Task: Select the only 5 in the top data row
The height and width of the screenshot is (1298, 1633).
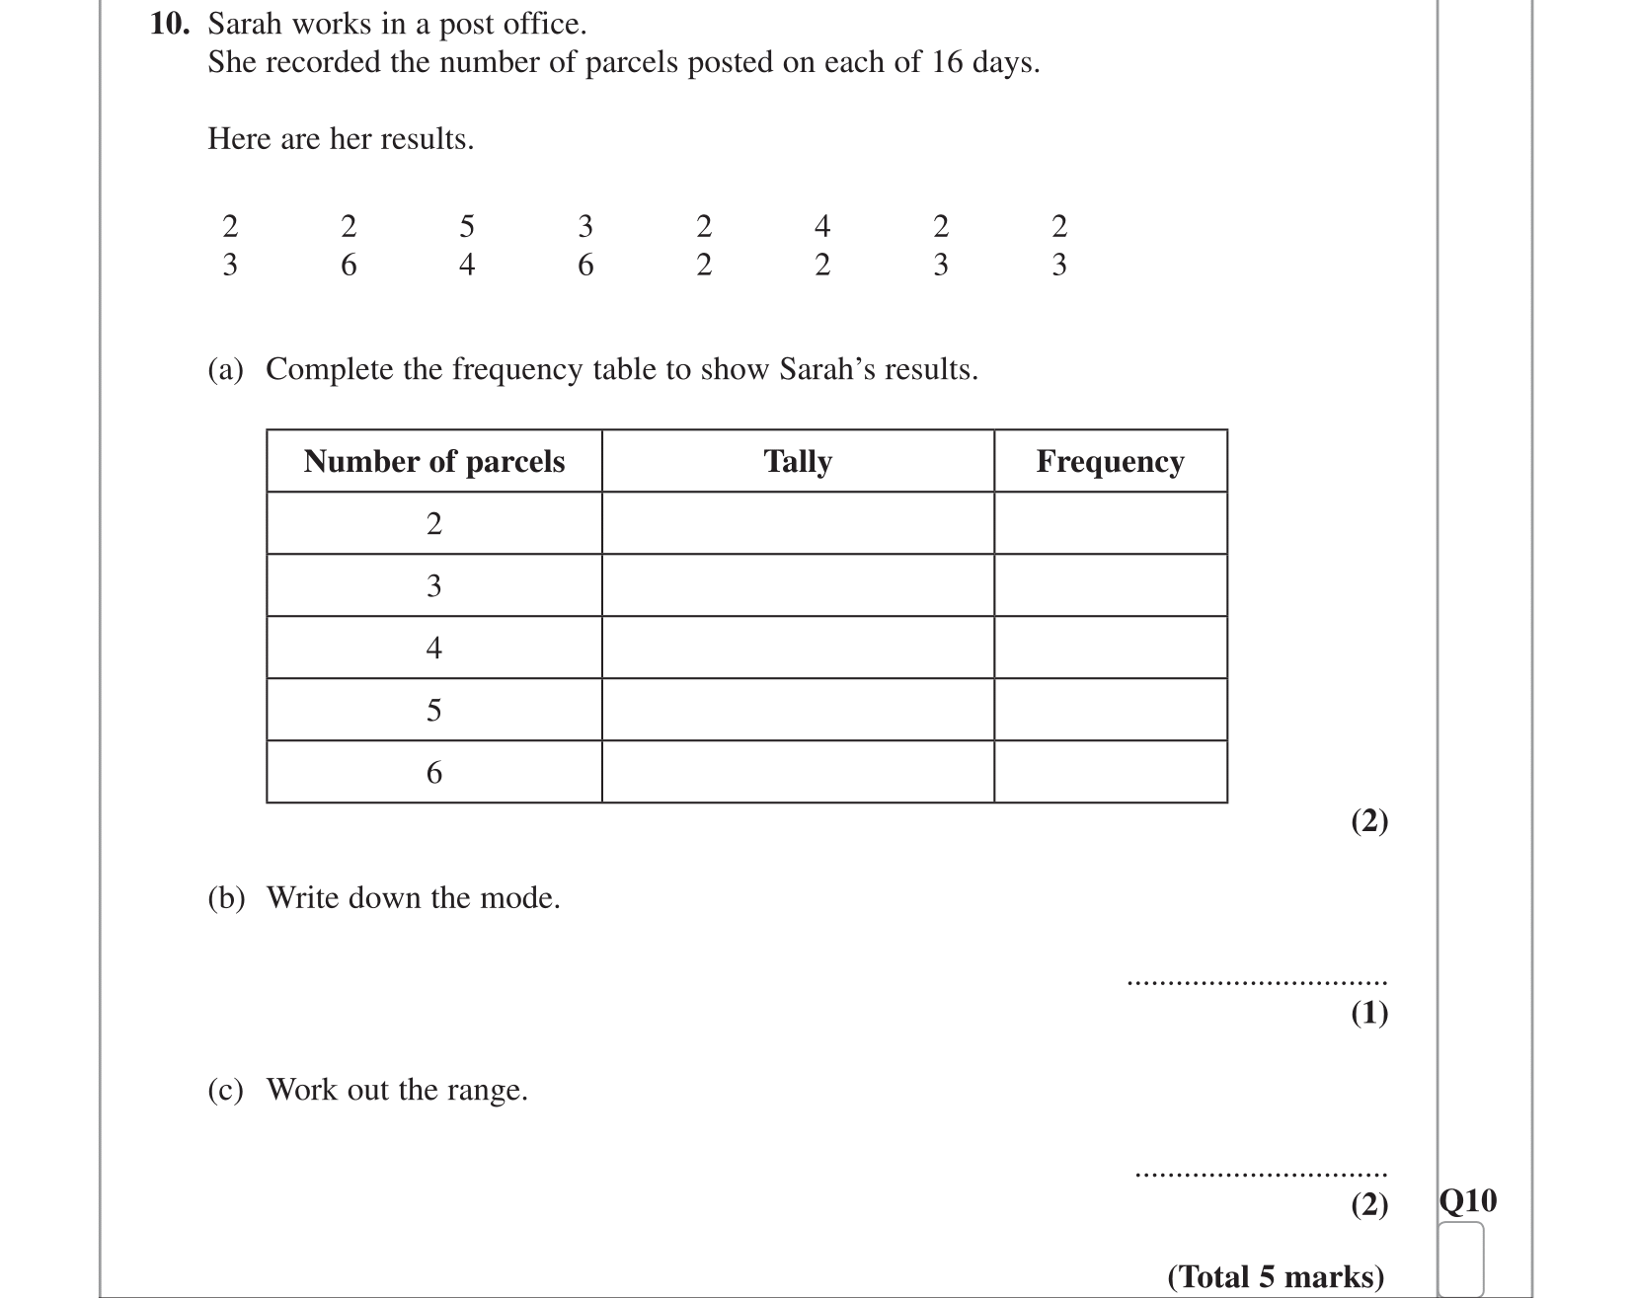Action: (x=467, y=227)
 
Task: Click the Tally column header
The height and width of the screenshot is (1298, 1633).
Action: (x=798, y=461)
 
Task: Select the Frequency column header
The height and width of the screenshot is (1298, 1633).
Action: (x=1110, y=461)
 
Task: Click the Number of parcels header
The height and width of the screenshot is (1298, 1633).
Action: (x=433, y=461)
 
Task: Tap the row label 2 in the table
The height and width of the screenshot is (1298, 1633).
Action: (x=433, y=524)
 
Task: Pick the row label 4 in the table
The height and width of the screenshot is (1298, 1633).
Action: (x=433, y=649)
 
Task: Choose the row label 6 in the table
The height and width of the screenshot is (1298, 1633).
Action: (x=433, y=773)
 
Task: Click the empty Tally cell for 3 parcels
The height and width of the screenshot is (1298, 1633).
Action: (x=798, y=586)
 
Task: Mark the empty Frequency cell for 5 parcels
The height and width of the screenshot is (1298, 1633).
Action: (x=1110, y=711)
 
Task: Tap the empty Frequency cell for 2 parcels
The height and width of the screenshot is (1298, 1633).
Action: (x=1110, y=524)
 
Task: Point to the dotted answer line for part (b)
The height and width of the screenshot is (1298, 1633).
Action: (x=1256, y=982)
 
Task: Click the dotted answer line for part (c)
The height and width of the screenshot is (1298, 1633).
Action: (x=1261, y=1175)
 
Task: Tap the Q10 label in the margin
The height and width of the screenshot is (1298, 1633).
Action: (x=1467, y=1201)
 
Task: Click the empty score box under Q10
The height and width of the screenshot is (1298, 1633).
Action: (x=1461, y=1258)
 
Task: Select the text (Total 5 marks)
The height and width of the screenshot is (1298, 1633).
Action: (x=1276, y=1277)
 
